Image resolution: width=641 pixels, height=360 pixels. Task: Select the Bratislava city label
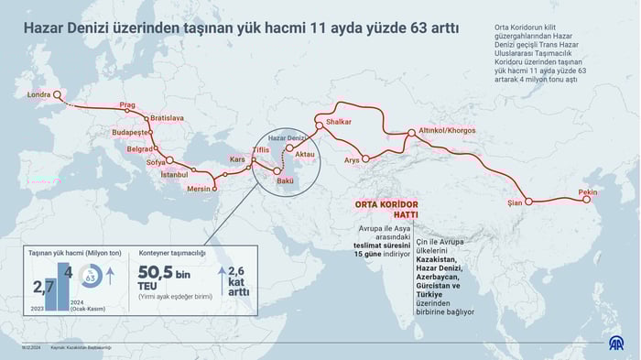click(168, 118)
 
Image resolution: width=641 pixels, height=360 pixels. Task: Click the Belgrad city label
click(139, 148)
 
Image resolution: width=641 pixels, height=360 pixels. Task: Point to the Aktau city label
click(305, 155)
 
